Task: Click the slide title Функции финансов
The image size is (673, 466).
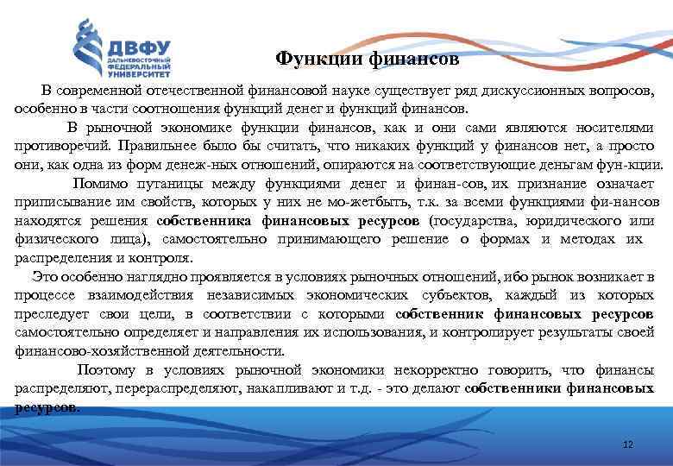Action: click(368, 60)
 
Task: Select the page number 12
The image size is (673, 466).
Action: click(627, 444)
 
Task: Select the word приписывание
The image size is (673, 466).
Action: click(55, 202)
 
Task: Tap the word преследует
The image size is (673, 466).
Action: click(49, 313)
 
